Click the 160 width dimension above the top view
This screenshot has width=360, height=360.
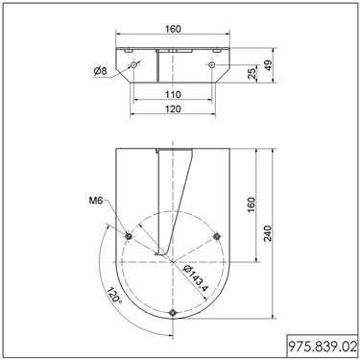pos(173,29)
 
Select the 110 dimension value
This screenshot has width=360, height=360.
pos(173,95)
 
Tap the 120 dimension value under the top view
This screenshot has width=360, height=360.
pos(173,109)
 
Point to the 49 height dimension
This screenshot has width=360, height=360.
pos(269,65)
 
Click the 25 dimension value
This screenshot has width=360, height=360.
pos(252,73)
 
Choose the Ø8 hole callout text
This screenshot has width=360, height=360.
pos(100,71)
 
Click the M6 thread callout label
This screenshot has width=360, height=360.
pos(96,201)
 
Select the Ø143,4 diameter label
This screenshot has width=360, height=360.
pos(196,278)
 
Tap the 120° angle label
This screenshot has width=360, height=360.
pos(114,296)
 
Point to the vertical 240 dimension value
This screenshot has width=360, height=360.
pos(268,233)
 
